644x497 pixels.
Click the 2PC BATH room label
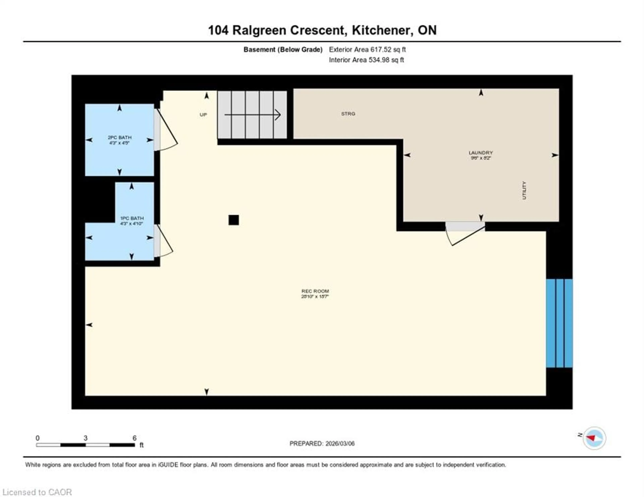pos(119,138)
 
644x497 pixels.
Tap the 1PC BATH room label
pos(132,218)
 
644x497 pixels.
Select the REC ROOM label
pos(315,291)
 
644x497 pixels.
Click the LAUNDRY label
pos(481,153)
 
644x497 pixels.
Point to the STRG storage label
pos(348,114)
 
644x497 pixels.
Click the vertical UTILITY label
pos(524,190)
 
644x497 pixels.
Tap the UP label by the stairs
pos(203,115)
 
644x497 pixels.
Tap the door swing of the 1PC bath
pos(163,242)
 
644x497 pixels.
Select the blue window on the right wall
pos(559,323)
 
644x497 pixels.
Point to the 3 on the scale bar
pos(86,438)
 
